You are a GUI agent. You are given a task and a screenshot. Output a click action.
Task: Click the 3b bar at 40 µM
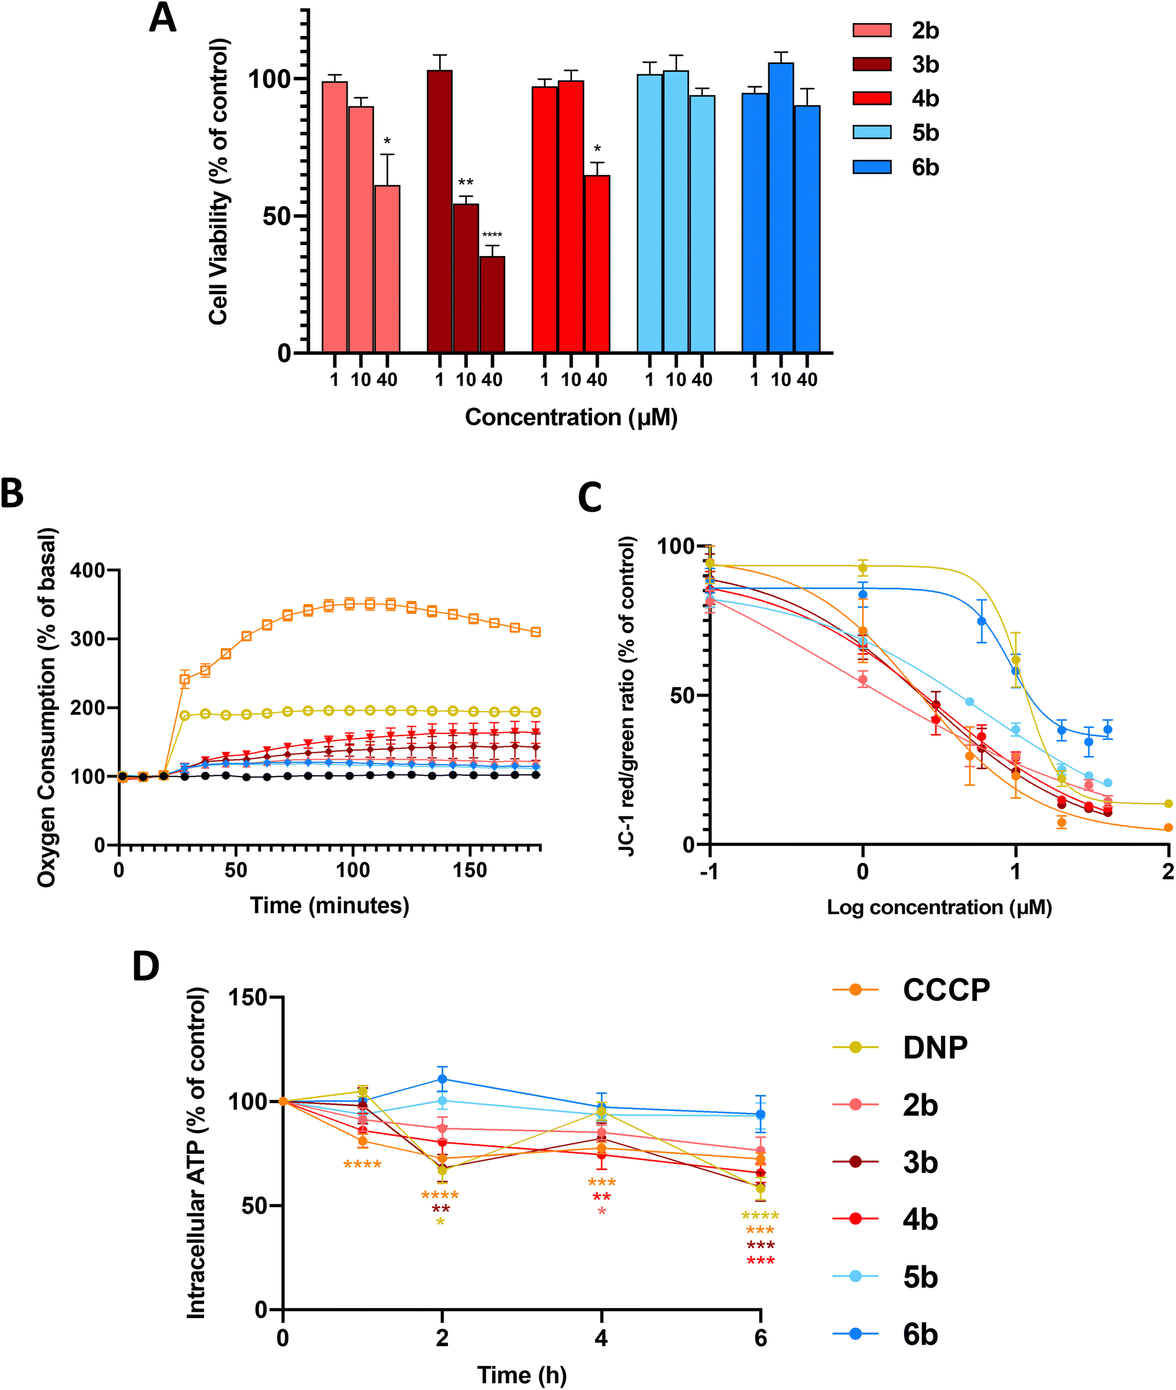(492, 304)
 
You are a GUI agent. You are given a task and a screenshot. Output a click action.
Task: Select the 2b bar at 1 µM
(334, 216)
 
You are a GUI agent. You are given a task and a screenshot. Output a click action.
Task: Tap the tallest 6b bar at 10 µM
(781, 207)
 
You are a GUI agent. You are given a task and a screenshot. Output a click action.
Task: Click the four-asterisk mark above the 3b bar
(492, 235)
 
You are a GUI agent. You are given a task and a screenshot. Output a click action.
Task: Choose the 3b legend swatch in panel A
(872, 64)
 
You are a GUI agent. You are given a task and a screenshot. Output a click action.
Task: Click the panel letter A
(162, 19)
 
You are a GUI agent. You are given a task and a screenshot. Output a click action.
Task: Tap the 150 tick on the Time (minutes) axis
(470, 870)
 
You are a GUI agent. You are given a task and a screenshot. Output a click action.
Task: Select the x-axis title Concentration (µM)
(571, 417)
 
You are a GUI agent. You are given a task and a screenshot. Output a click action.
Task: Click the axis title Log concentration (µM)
(939, 907)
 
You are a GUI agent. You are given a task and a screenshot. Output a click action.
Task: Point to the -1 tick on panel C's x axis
(709, 871)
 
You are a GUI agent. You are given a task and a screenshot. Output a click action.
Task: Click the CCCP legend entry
(912, 989)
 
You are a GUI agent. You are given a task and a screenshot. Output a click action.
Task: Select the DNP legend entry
(900, 1047)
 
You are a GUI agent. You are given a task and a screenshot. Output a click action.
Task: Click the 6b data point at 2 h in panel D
(442, 1079)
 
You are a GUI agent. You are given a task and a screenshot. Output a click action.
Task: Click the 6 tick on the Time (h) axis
(761, 1337)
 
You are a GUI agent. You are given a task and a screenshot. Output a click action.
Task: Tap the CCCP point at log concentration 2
(1168, 827)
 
